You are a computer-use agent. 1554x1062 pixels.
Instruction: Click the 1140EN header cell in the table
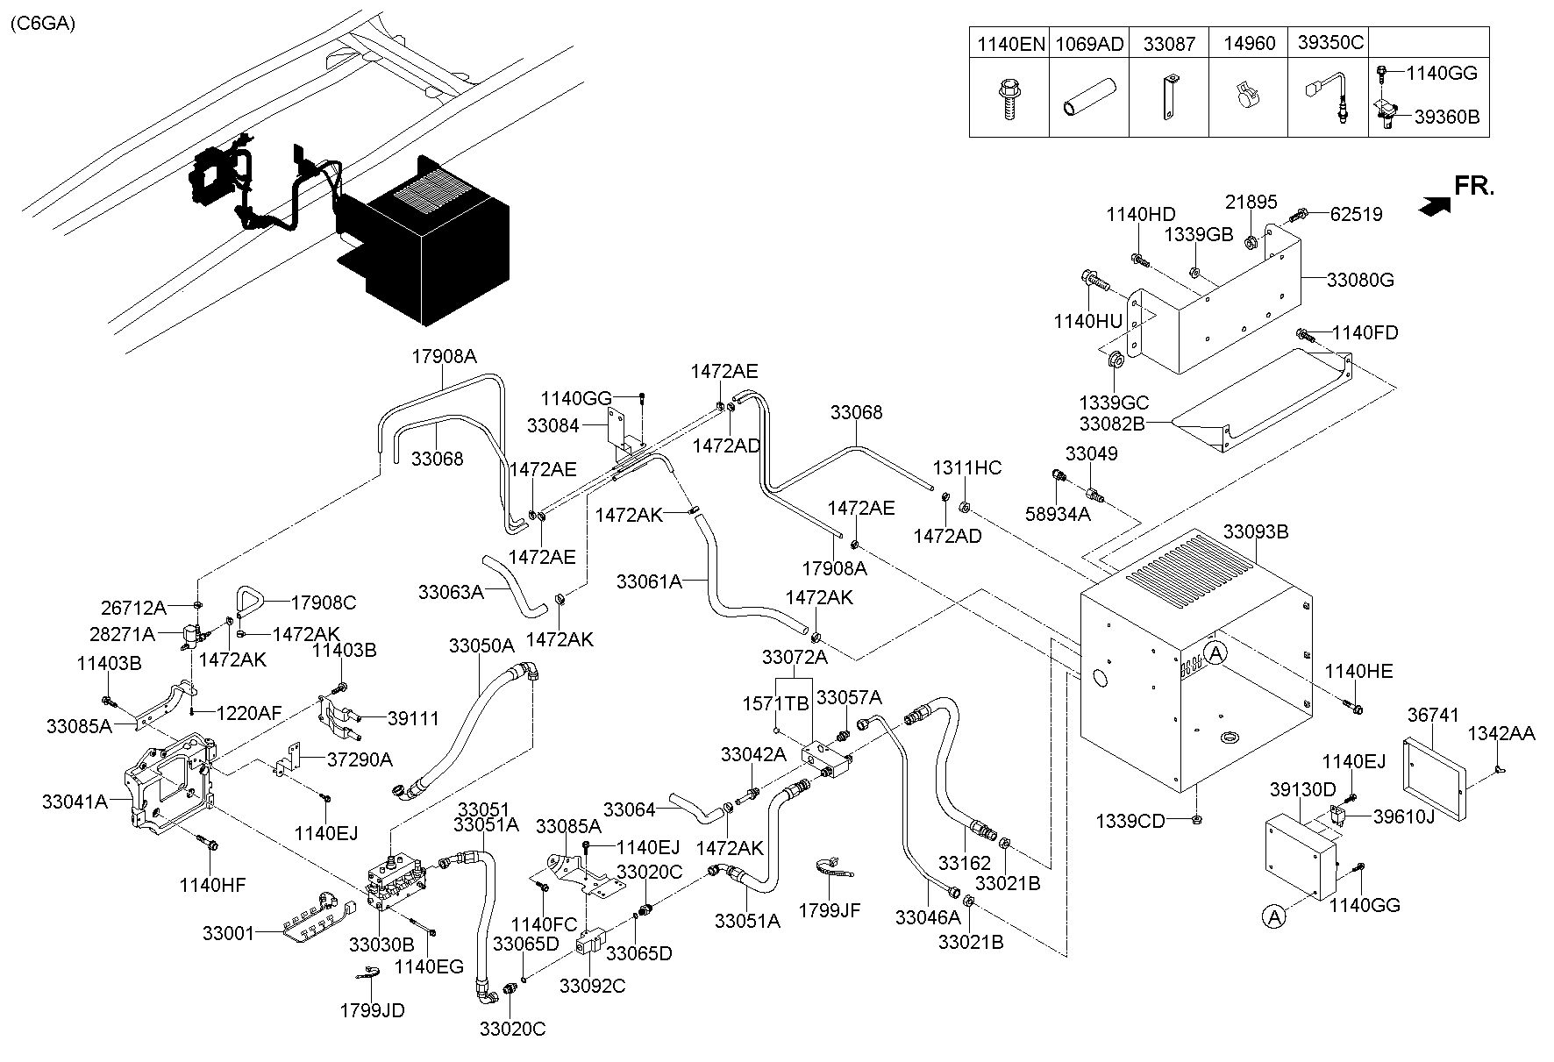1009,44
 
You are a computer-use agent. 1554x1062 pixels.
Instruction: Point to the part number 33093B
1255,531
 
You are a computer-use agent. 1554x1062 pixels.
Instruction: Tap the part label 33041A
75,801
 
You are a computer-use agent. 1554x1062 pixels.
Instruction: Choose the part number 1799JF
829,910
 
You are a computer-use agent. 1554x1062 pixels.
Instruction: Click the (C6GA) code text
43,24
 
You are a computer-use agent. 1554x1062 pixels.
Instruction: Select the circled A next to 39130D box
1273,916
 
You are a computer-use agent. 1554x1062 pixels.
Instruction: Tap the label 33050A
481,645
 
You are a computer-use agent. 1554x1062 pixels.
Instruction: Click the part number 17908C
324,602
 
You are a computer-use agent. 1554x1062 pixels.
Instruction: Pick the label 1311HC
966,467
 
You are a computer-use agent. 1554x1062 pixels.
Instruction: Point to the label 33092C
593,986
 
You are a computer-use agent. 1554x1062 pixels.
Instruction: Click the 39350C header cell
1329,44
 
